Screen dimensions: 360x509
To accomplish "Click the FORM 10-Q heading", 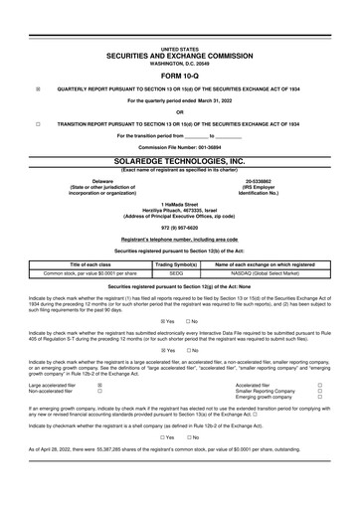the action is [x=180, y=76].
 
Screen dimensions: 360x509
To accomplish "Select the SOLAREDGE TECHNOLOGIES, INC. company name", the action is [x=180, y=160].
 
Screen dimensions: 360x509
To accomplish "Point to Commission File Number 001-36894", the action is [x=180, y=147].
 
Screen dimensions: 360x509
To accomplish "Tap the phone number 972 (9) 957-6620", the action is [x=180, y=225].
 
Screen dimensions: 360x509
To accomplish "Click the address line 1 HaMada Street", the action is [x=180, y=202].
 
